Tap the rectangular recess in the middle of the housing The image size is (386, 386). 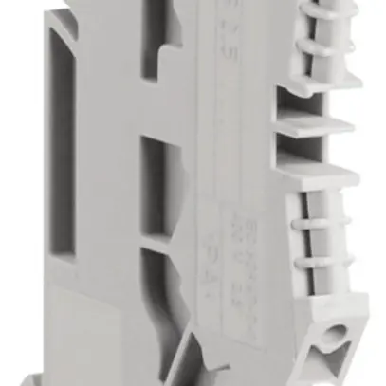[154, 185]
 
